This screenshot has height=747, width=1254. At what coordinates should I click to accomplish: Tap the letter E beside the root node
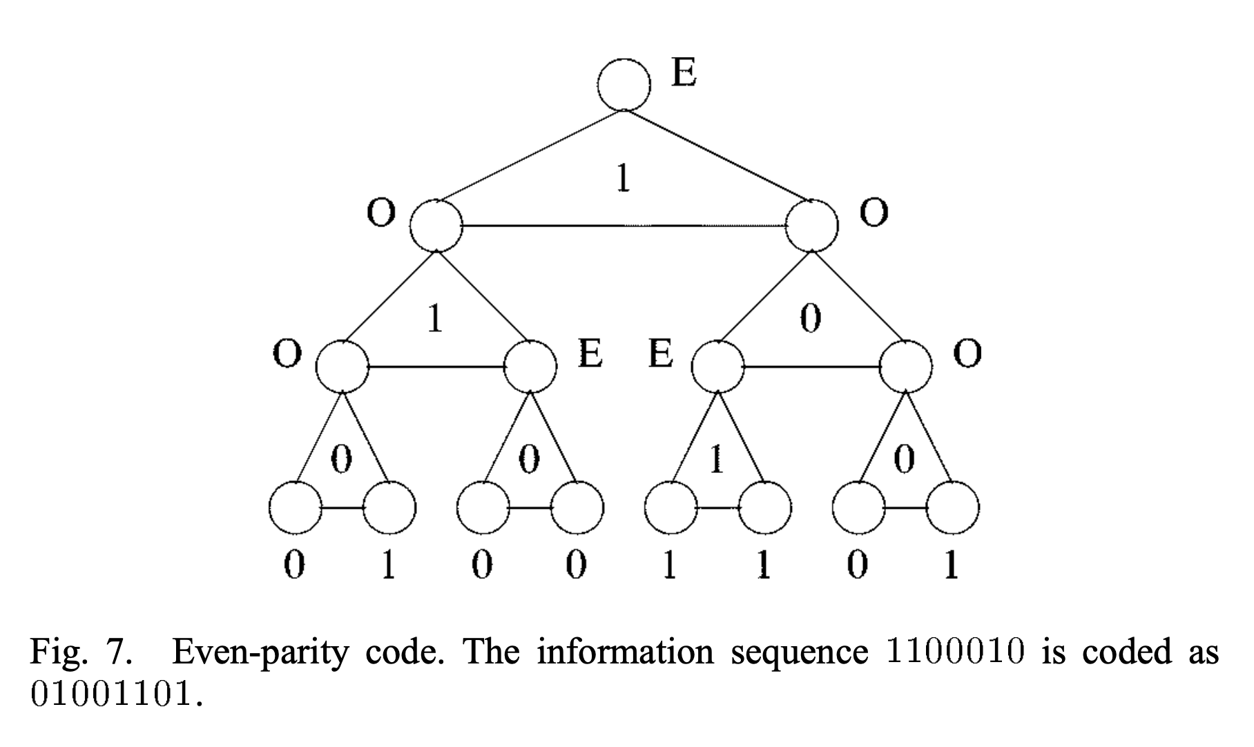684,72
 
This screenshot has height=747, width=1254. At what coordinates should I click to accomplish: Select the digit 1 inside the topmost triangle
623,179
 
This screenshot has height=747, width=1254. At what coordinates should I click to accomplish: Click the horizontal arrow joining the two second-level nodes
625,226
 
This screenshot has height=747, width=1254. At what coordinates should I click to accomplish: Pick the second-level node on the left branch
436,226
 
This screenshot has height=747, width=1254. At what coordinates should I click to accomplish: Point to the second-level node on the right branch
813,226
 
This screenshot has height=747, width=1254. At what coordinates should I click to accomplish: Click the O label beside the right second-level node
874,213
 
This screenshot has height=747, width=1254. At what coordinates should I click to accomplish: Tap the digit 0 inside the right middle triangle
810,319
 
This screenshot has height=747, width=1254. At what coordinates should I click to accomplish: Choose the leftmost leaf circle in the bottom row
296,509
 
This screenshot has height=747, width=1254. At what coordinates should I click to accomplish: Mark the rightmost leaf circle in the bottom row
952,509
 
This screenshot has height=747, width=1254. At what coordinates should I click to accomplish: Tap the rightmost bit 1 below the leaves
951,566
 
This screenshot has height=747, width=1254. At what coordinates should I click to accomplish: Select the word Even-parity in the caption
259,652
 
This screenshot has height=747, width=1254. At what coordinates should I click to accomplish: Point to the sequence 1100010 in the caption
954,652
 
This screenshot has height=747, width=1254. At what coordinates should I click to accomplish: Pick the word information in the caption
626,652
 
